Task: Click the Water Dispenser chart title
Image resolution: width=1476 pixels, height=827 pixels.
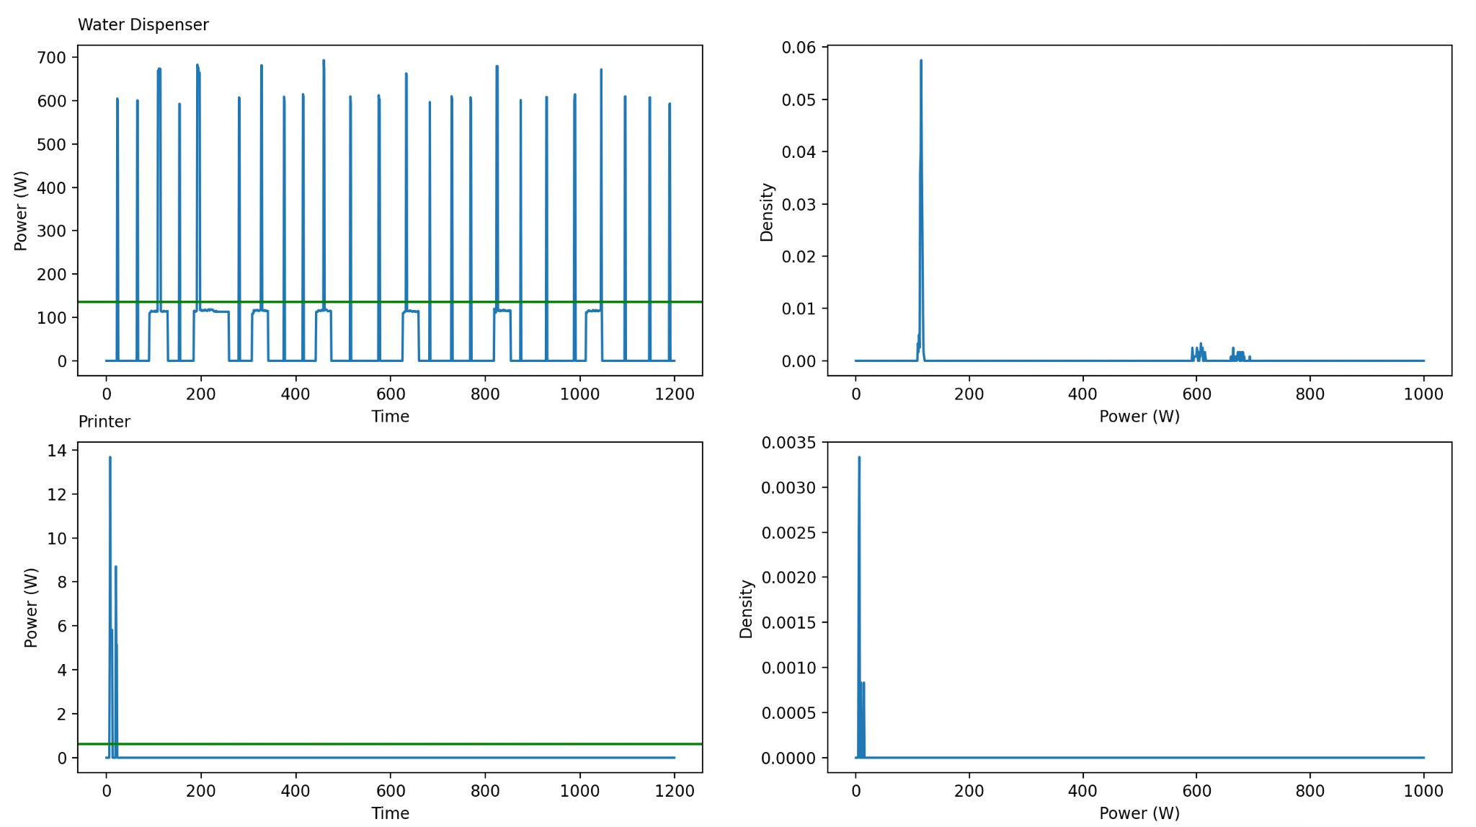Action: coord(143,25)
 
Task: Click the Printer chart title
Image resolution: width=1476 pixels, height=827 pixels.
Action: coord(104,422)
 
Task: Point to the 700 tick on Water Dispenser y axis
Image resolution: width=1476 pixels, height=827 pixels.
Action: coord(51,58)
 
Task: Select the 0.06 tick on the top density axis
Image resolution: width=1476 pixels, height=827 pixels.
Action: coord(799,48)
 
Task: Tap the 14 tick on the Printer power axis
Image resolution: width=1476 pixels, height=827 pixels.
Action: coord(57,451)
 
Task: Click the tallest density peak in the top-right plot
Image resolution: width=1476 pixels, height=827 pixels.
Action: coord(920,61)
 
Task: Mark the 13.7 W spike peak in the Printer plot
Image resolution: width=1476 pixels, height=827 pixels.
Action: coord(110,457)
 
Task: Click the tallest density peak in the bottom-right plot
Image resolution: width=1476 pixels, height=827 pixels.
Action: coord(859,458)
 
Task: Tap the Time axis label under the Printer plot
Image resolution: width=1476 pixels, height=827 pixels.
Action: coord(390,813)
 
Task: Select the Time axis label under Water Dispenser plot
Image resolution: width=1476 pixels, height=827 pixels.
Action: coord(390,416)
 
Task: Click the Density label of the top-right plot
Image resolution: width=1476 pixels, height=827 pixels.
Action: coord(767,212)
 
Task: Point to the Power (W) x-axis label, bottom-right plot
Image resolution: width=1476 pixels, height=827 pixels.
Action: coord(1139,813)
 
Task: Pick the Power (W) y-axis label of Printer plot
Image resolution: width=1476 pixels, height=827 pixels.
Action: coord(31,608)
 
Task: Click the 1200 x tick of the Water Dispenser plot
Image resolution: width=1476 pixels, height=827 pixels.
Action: coord(675,394)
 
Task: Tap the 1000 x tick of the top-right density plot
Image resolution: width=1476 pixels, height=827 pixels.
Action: coord(1423,394)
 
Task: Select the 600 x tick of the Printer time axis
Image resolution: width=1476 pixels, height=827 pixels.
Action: coord(390,790)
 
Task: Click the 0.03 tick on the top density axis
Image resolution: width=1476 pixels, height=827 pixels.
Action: coord(799,204)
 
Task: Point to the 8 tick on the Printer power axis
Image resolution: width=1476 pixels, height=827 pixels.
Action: coord(61,582)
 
